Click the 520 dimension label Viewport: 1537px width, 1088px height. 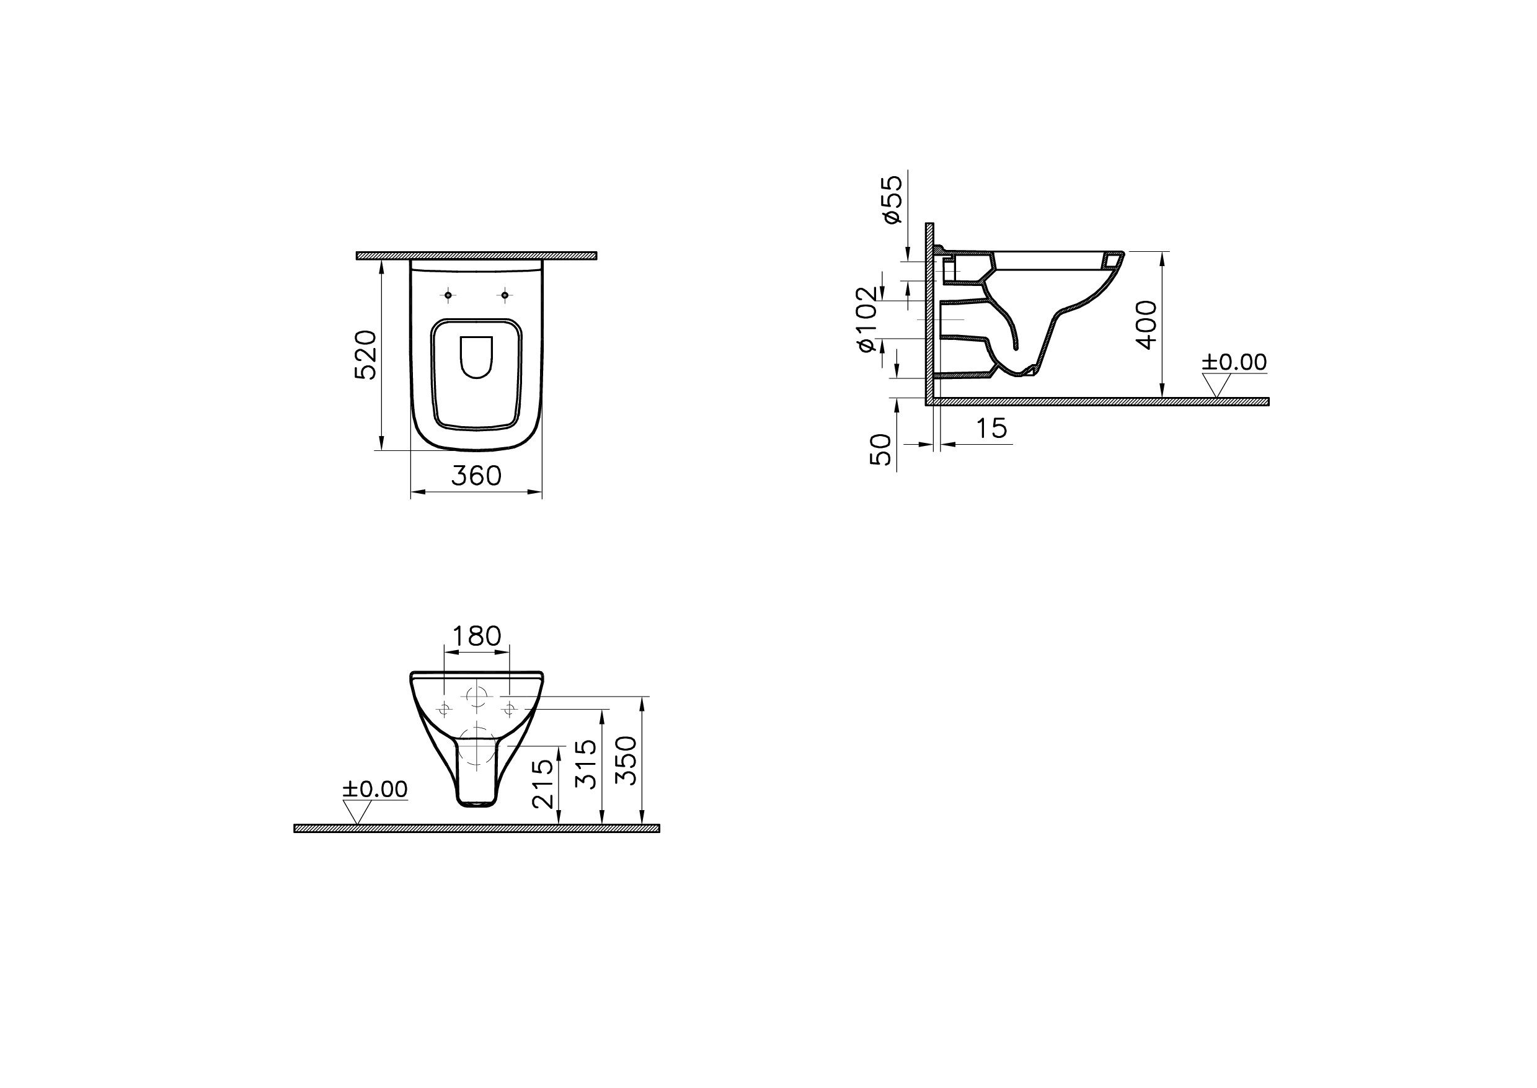coord(366,354)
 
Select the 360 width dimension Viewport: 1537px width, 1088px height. coord(476,476)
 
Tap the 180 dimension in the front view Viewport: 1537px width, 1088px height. coord(477,636)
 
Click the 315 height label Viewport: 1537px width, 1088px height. coord(586,764)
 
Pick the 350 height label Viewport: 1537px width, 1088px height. coord(627,760)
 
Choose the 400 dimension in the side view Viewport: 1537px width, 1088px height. coord(1146,324)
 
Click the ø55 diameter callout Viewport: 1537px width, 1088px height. coord(892,199)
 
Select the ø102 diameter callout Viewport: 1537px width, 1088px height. coord(866,319)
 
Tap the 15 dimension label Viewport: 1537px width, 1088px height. coord(992,429)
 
